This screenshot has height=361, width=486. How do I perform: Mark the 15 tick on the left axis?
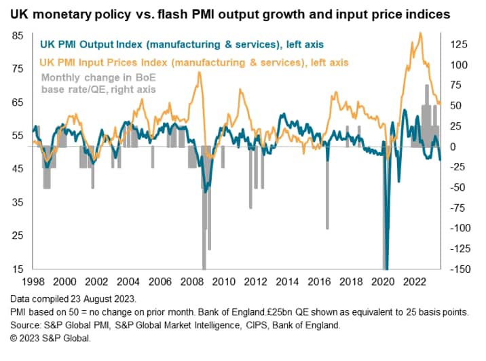[x=18, y=269]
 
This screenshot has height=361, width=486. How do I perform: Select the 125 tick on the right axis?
[x=459, y=45]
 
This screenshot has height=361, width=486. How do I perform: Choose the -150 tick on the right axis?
[x=458, y=269]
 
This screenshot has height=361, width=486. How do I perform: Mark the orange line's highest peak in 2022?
[x=420, y=33]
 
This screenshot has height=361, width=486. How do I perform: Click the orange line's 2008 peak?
[x=198, y=73]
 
